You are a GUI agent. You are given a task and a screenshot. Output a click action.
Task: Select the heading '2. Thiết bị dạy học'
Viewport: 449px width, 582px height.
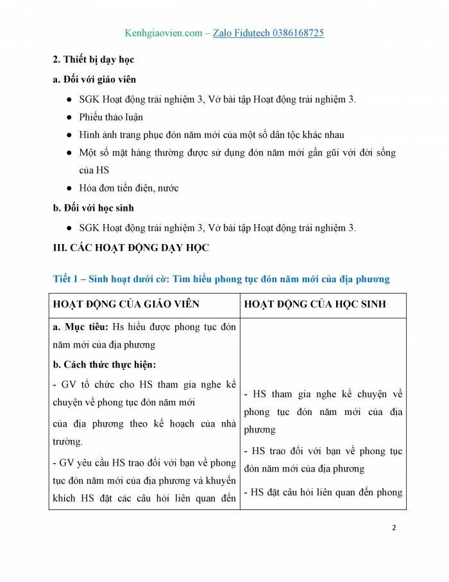93,60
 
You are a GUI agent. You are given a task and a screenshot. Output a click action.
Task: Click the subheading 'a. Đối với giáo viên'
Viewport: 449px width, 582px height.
94,80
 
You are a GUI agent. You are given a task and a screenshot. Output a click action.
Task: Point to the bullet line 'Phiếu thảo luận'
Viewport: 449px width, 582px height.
111,117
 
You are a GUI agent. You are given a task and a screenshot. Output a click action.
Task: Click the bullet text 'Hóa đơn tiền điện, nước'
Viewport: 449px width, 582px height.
129,188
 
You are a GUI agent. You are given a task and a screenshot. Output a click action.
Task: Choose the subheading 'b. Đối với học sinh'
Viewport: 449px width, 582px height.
93,208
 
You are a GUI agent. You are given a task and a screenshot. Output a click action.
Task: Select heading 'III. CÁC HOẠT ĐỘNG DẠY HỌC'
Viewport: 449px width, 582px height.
131,247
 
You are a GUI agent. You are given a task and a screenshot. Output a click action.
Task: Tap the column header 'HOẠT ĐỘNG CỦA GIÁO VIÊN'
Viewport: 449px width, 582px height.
126,304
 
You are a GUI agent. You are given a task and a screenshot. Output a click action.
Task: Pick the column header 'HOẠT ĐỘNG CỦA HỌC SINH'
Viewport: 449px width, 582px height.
315,304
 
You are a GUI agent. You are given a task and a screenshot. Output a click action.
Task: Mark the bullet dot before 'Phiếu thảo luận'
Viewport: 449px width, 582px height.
69,117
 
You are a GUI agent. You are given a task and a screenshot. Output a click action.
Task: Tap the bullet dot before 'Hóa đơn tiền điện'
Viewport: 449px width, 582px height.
69,188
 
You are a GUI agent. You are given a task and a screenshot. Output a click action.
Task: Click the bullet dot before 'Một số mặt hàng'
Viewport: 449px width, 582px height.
69,153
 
